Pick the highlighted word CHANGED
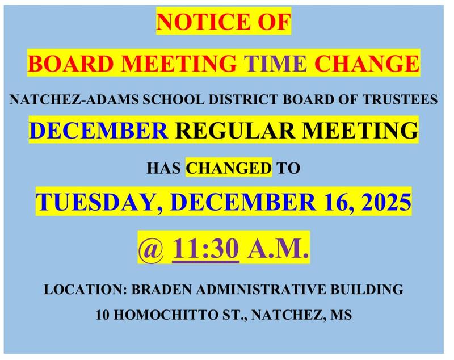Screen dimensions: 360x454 point(230,168)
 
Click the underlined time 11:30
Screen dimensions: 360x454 point(205,250)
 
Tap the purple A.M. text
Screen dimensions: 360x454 point(278,250)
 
